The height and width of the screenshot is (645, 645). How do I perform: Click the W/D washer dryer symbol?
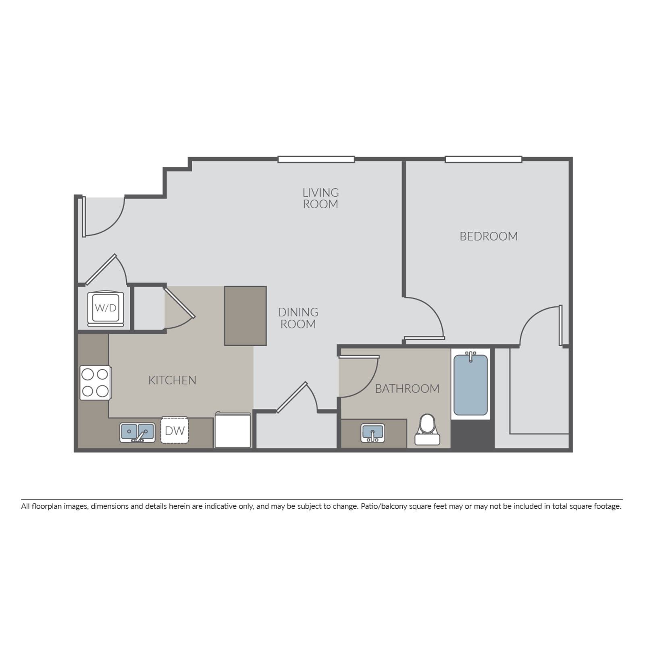[106, 308]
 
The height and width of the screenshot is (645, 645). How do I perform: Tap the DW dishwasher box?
[175, 430]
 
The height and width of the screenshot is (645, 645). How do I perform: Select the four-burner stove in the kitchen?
[96, 383]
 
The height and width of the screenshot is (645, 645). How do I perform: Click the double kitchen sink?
[137, 433]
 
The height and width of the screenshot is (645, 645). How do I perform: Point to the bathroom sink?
[372, 433]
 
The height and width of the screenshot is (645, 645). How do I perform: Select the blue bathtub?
[470, 384]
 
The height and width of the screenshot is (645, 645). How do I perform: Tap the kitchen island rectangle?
[246, 316]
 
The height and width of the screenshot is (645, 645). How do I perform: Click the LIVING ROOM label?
[320, 198]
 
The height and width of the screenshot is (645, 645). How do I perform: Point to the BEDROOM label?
[489, 236]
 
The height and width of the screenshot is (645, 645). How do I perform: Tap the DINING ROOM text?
[298, 318]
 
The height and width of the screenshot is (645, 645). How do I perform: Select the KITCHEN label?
[172, 380]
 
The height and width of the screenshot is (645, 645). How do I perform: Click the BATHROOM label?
[407, 389]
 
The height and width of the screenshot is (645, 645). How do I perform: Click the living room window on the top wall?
[316, 160]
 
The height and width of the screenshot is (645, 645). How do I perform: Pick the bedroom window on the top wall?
[484, 160]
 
